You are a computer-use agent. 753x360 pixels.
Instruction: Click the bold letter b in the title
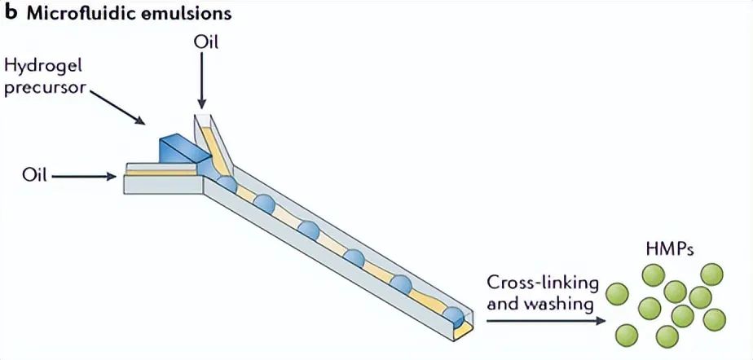point(11,13)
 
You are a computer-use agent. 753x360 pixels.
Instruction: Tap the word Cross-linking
point(543,284)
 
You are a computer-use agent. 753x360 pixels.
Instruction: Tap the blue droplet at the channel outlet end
point(451,317)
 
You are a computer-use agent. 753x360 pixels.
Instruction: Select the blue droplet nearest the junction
point(227,183)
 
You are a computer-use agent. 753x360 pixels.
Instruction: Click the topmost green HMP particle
point(653,275)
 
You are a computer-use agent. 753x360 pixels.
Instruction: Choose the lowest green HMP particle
point(666,335)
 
